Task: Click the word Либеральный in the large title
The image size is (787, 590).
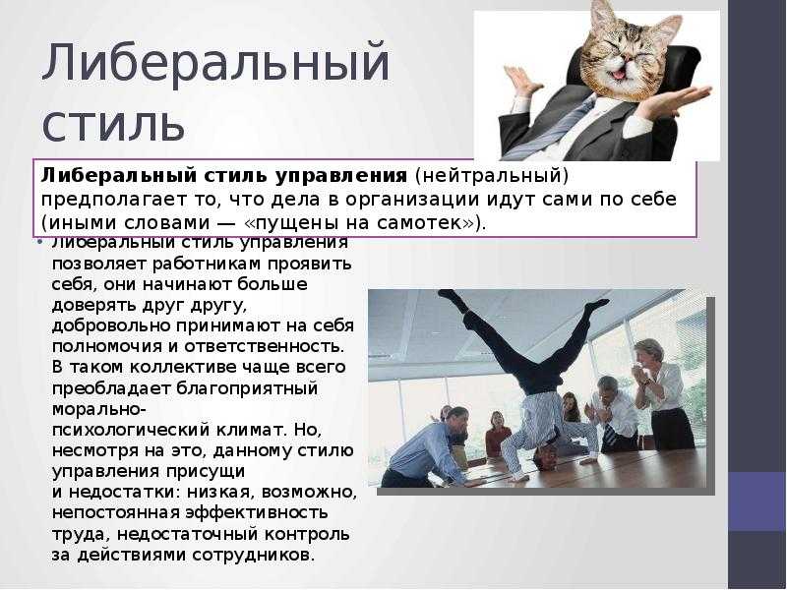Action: tap(215, 65)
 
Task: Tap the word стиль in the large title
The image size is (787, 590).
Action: tap(114, 125)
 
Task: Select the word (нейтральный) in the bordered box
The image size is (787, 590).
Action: tap(491, 175)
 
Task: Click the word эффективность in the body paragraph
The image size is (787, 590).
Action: tap(256, 512)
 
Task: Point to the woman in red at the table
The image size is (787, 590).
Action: tap(498, 438)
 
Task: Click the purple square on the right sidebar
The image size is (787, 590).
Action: tap(757, 501)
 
